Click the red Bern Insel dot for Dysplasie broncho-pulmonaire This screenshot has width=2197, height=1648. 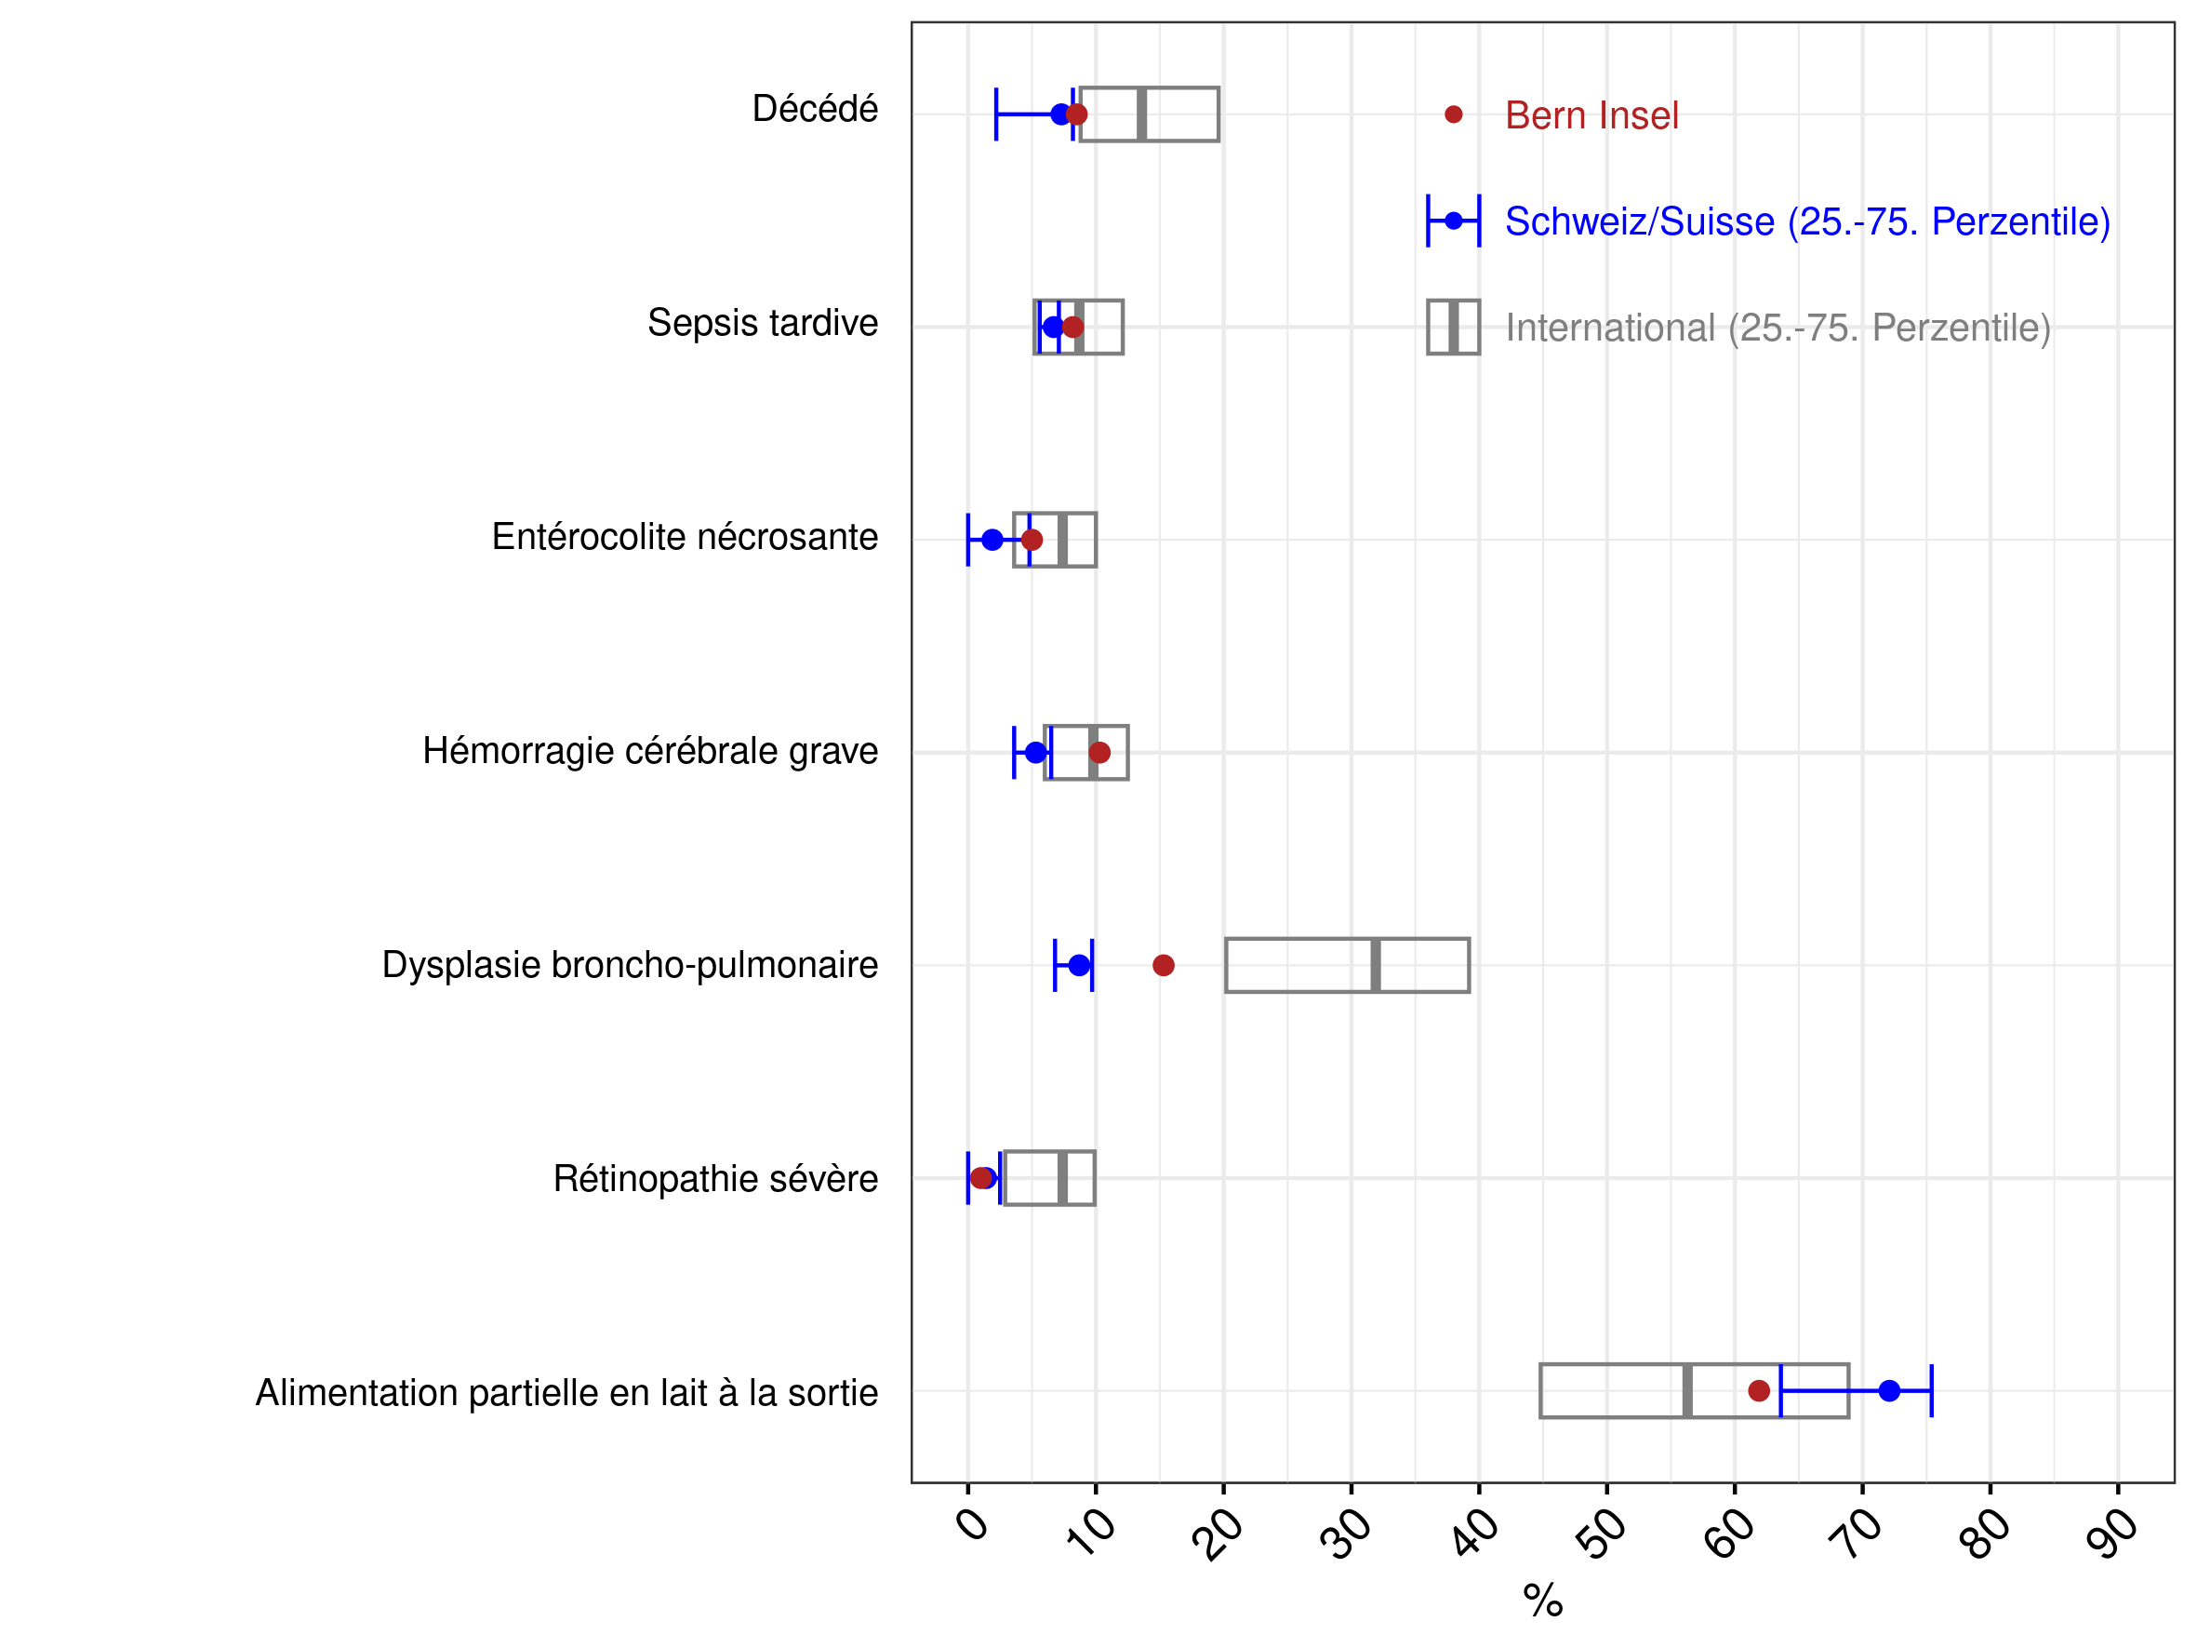coord(1163,966)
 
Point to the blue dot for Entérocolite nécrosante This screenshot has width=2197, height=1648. coord(992,541)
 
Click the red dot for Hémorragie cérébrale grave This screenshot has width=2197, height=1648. coord(1099,753)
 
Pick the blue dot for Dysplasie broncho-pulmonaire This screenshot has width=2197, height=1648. coord(1080,966)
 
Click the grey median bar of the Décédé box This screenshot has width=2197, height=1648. coord(1142,114)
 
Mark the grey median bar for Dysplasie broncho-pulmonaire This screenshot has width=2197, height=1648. coord(1376,966)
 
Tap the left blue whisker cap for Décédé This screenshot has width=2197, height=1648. coord(996,114)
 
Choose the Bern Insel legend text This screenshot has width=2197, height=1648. coord(1592,115)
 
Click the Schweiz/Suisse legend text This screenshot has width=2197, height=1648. coord(1807,221)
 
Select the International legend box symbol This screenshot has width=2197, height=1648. coord(1453,327)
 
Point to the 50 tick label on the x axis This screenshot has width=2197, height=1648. coord(1601,1534)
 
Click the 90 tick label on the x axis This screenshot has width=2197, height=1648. coord(2112,1534)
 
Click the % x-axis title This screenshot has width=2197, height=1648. coord(1543,1601)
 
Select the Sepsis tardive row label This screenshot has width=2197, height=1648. coord(763,323)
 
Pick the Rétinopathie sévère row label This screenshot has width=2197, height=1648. coord(716,1179)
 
